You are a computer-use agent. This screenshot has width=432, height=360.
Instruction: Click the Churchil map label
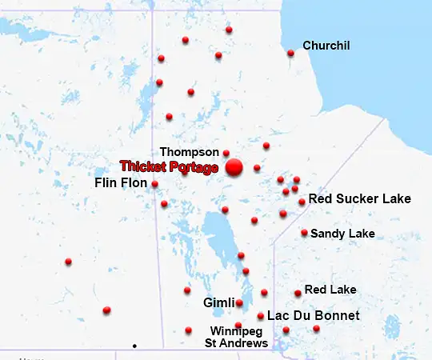tap(326, 46)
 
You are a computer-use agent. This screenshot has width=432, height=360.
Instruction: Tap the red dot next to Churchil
tap(290, 54)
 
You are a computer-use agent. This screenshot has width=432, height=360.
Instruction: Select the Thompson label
tap(189, 151)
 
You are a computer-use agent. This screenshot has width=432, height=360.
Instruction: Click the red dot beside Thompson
tap(226, 153)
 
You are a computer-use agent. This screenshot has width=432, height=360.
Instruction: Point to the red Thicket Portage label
tap(169, 166)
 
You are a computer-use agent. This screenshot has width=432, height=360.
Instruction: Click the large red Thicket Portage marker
tap(234, 167)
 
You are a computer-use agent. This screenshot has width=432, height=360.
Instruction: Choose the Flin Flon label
tap(120, 183)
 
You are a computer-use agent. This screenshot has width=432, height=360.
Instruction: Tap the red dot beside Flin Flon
tap(154, 184)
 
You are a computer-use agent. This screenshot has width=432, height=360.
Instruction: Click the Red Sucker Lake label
tap(359, 198)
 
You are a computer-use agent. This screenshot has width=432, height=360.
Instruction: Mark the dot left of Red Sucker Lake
tap(302, 202)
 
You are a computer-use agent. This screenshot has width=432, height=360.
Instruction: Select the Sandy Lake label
tap(342, 234)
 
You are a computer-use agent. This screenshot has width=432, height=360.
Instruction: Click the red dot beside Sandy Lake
tap(304, 233)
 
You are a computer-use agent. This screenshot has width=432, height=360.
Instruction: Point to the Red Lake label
tap(330, 290)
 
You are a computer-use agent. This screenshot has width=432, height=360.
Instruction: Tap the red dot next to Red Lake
tap(298, 293)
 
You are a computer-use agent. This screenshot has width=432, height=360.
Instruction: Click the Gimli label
tap(218, 303)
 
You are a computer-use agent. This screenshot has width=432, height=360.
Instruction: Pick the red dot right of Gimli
tap(239, 302)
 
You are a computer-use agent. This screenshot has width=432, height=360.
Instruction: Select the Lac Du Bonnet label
tap(313, 316)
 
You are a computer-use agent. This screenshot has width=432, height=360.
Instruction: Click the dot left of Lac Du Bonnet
tap(261, 316)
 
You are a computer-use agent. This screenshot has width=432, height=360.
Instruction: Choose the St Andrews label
tap(237, 343)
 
